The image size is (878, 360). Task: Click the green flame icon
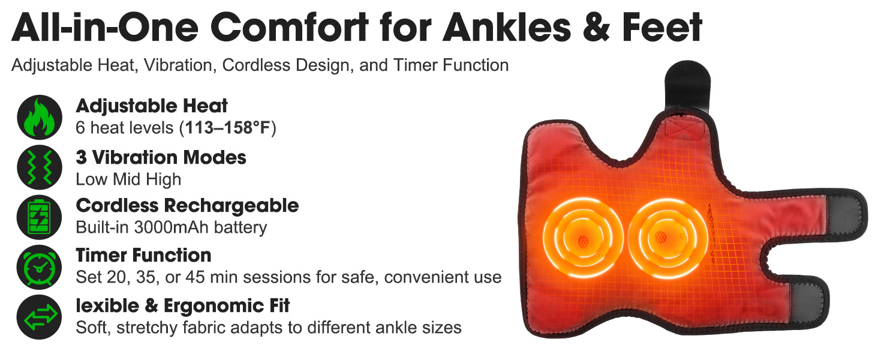point(40,117)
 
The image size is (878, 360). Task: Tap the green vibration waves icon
point(40,167)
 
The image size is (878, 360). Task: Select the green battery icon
point(40,217)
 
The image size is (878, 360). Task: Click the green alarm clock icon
point(40,267)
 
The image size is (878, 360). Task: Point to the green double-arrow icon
point(40,317)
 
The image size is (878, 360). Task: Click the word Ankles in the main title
point(507,27)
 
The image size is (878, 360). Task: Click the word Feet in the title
point(662,27)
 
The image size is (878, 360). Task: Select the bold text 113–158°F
point(227,128)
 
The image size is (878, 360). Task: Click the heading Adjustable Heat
point(152,106)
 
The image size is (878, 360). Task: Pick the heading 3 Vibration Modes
point(161,157)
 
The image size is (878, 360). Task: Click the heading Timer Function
point(143,255)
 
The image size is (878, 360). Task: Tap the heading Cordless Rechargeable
point(187,205)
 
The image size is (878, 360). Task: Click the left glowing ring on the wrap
point(583,238)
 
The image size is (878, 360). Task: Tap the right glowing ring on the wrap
point(667,238)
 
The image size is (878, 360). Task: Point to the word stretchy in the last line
point(147,328)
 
